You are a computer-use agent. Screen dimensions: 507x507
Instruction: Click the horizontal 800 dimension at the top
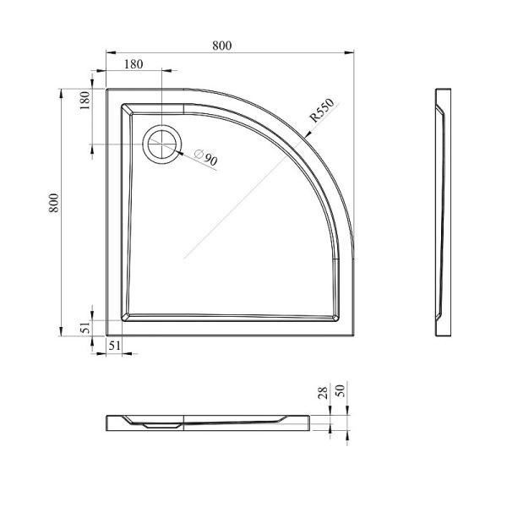pyautogui.click(x=221, y=46)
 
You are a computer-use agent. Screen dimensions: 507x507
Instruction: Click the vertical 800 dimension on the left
pyautogui.click(x=54, y=203)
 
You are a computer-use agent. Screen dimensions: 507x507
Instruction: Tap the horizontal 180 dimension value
pyautogui.click(x=134, y=64)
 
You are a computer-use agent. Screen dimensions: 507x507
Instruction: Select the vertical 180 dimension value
pyautogui.click(x=84, y=101)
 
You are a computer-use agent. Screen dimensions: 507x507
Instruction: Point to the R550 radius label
pyautogui.click(x=322, y=110)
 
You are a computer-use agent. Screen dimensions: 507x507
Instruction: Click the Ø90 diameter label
pyautogui.click(x=206, y=157)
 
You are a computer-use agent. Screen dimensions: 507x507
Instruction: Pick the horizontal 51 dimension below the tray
pyautogui.click(x=114, y=346)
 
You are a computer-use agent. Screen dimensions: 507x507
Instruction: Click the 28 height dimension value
pyautogui.click(x=323, y=393)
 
